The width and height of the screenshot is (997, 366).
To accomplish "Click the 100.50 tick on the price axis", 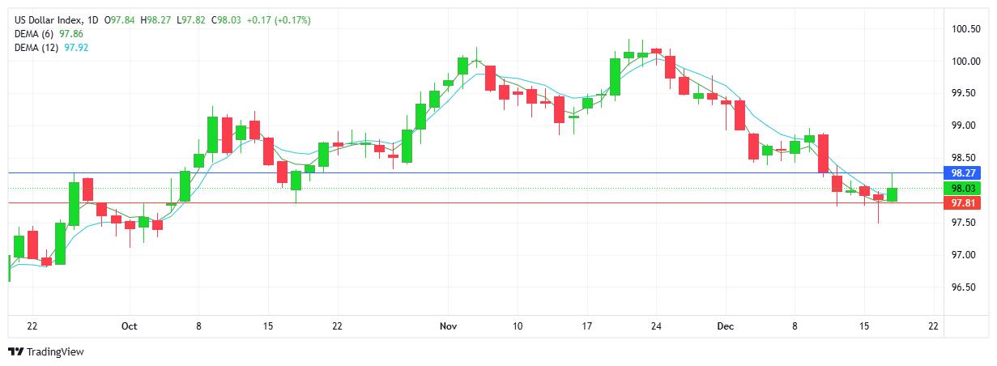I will pos(966,29).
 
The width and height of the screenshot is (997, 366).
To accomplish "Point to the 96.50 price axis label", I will pos(966,287).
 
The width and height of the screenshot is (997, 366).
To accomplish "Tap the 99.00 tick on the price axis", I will pos(966,126).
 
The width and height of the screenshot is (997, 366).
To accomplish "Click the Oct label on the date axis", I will pos(129,326).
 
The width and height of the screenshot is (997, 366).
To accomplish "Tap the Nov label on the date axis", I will pos(449,326).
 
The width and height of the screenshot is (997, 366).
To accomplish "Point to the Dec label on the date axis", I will pos(726,326).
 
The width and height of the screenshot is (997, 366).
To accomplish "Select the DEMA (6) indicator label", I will pos(36,34).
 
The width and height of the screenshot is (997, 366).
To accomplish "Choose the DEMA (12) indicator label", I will pos(38,48).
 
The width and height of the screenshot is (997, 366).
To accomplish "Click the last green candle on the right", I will pos(892,194).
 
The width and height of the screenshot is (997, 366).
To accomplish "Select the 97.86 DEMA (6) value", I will pos(71,34).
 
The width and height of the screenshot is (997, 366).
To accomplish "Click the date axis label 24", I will pos(656,326).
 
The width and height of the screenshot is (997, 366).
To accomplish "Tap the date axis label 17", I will pos(587,326).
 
